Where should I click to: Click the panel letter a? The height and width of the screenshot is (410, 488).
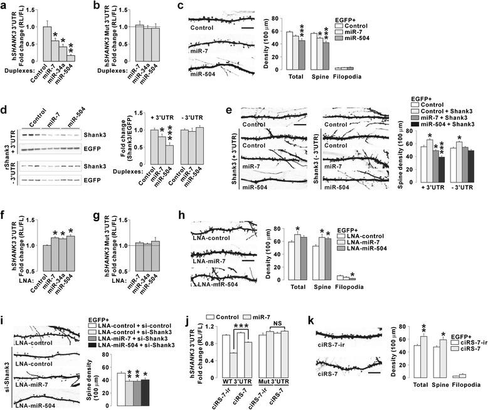pos(6,6)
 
